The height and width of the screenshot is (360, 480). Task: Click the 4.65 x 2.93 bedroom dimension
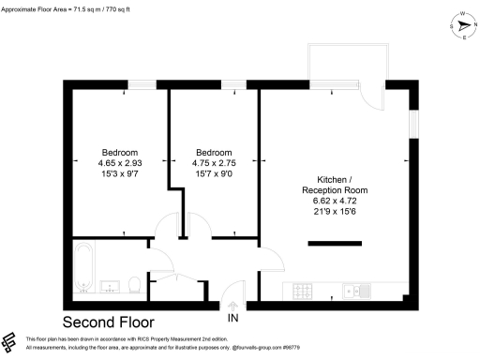[120, 163]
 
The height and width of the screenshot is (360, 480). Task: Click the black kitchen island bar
[334, 246]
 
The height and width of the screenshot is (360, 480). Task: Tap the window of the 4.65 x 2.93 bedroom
[142, 85]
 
